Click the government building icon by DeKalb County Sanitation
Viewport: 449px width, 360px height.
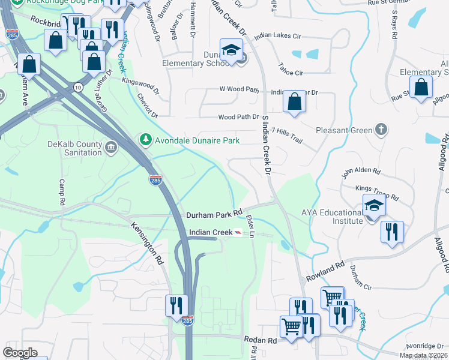pyautogui.click(x=111, y=148)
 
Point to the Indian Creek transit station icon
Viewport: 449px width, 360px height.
pyautogui.click(x=239, y=233)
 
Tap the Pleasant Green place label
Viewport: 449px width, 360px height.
pyautogui.click(x=344, y=130)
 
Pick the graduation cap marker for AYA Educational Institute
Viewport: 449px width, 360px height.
pyautogui.click(x=374, y=205)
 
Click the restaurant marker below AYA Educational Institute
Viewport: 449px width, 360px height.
pyautogui.click(x=392, y=231)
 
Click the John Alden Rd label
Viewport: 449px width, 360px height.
pyautogui.click(x=361, y=172)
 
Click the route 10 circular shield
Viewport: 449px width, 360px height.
pyautogui.click(x=79, y=88)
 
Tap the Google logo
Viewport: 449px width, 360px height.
pyautogui.click(x=20, y=352)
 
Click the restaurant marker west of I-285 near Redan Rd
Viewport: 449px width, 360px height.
pyautogui.click(x=176, y=305)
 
